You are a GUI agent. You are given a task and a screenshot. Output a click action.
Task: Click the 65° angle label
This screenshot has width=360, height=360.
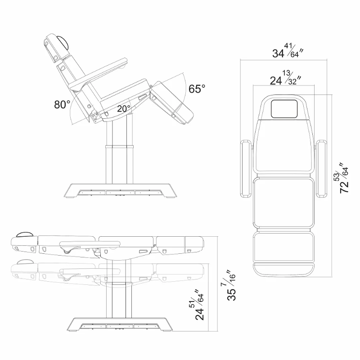[197, 89]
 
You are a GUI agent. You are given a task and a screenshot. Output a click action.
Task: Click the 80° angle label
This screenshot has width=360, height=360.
[62, 104]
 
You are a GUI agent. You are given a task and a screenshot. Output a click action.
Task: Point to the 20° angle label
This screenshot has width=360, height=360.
[124, 108]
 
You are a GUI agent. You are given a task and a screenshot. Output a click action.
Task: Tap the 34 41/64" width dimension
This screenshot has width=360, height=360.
[288, 50]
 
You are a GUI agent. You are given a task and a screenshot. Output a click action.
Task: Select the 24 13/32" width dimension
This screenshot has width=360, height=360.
[285, 77]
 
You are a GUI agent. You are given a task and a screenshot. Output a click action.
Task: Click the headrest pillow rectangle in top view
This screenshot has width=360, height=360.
[283, 109]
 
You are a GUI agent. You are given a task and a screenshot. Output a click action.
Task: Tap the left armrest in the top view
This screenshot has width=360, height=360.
[246, 169]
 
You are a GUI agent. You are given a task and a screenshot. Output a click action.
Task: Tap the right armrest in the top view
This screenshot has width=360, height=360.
[321, 169]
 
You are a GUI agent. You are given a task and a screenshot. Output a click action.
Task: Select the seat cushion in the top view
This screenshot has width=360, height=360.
[283, 204]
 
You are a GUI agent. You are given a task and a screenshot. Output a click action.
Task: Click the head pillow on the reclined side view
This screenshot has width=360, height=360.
[63, 42]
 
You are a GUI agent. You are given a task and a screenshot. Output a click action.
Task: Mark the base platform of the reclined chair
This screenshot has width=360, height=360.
[121, 190]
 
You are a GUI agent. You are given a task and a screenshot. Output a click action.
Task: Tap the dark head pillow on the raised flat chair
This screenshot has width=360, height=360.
[25, 234]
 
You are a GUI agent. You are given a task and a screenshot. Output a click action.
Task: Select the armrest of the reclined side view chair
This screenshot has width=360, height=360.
[99, 75]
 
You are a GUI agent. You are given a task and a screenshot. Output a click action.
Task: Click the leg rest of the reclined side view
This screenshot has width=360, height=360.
[172, 102]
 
